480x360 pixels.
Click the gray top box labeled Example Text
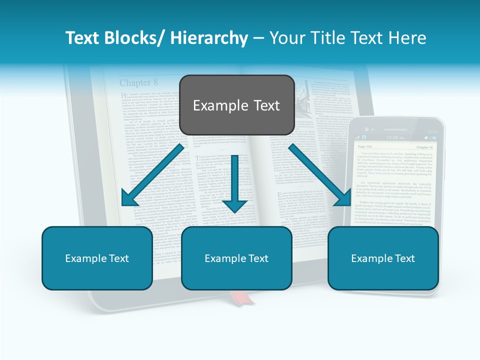[236, 105]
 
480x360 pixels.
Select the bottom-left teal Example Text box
[97, 258]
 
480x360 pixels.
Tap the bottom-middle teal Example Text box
[236, 258]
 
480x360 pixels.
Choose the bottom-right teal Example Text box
[383, 258]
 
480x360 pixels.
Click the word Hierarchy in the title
[208, 38]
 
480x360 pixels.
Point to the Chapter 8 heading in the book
[138, 82]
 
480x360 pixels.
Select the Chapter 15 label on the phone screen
[424, 147]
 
